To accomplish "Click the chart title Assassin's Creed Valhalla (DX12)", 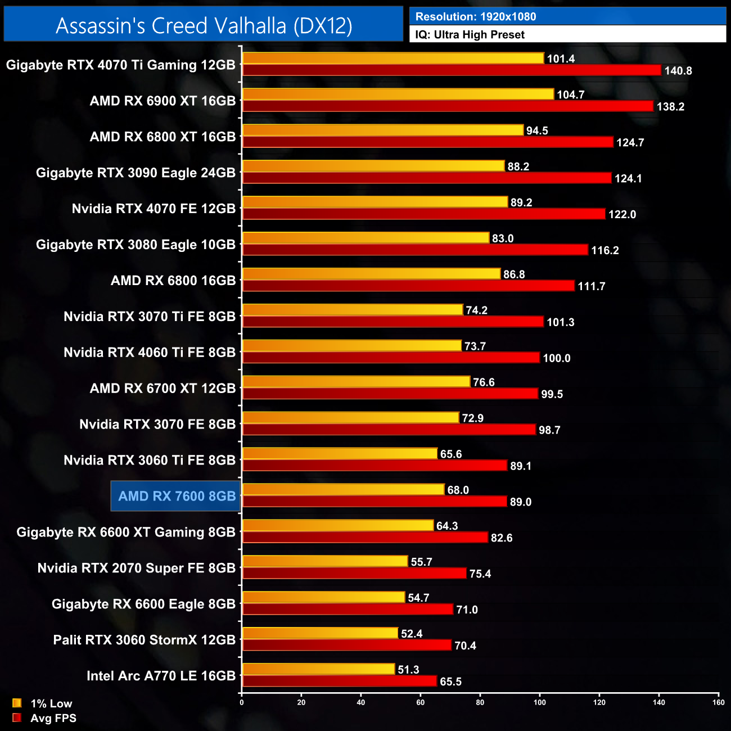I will click(x=204, y=25).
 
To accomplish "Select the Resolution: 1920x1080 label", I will click(x=475, y=16).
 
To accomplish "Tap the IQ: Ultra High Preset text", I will click(x=470, y=34).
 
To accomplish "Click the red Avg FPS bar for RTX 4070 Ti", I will click(x=452, y=70).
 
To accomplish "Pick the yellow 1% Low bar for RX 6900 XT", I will click(x=398, y=94).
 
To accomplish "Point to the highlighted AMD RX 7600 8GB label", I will click(x=177, y=496).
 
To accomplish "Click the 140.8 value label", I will click(x=678, y=71).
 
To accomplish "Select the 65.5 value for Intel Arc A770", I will click(x=450, y=682).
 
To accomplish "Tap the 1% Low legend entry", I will click(x=51, y=703).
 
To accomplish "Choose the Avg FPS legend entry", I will click(x=53, y=718).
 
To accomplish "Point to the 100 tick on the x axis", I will click(x=540, y=702).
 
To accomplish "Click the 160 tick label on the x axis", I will click(x=718, y=702).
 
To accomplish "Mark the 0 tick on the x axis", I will click(x=242, y=702).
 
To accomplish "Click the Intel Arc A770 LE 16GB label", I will click(x=161, y=676).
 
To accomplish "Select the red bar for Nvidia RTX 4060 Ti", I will click(x=391, y=358).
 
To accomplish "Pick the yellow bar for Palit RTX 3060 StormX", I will click(x=320, y=633).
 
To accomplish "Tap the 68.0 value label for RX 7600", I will click(x=458, y=490).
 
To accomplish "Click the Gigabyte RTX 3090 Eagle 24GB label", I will click(x=136, y=173).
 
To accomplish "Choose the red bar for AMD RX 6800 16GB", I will click(x=408, y=286).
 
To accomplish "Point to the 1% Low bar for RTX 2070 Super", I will click(x=324, y=561).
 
